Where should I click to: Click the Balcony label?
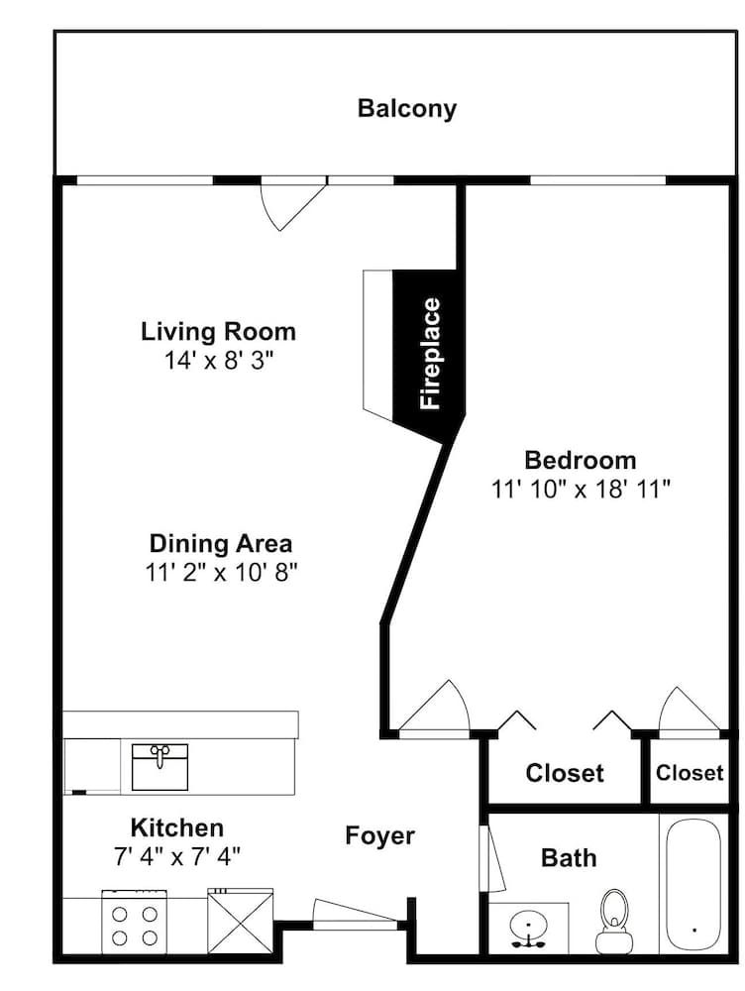(x=406, y=109)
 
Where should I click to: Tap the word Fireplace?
(x=430, y=354)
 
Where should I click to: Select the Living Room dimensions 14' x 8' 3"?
(x=219, y=361)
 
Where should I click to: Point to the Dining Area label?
(x=221, y=543)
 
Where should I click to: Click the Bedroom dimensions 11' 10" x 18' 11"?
(x=581, y=490)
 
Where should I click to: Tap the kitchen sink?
(x=160, y=767)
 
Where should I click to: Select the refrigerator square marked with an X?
(x=241, y=922)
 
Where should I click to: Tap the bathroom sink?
(x=528, y=929)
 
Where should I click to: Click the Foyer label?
(x=379, y=835)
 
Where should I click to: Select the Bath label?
(x=569, y=857)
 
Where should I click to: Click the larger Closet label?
(x=565, y=773)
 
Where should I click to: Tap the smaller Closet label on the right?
(x=690, y=772)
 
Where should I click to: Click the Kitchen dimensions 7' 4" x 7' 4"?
(x=177, y=857)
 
